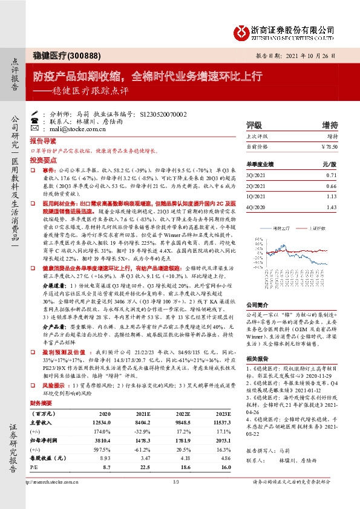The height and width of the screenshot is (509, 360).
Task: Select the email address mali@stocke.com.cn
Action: tap(77, 129)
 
